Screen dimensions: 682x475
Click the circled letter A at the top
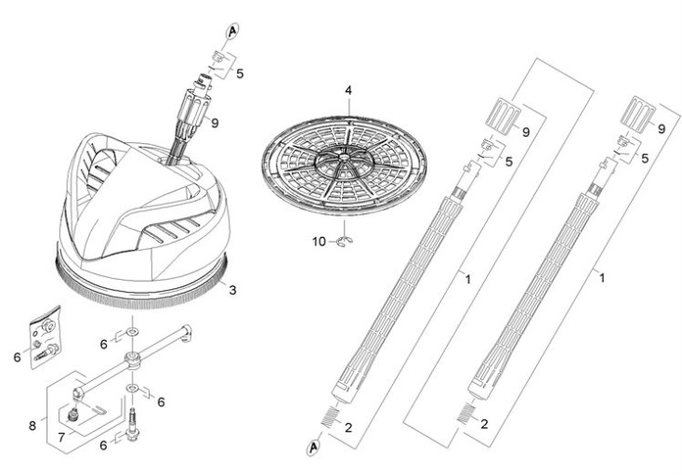pyautogui.click(x=232, y=31)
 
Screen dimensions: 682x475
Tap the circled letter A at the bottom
pyautogui.click(x=313, y=447)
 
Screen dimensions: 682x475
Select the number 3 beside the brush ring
pyautogui.click(x=232, y=290)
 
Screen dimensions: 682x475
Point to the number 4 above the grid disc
pyautogui.click(x=348, y=91)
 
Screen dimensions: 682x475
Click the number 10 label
pyautogui.click(x=319, y=242)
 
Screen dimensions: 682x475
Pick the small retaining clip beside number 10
pyautogui.click(x=346, y=242)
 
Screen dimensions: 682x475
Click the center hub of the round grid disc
pyautogui.click(x=344, y=156)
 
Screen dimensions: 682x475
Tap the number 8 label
pyautogui.click(x=33, y=426)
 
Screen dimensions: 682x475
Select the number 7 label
pyautogui.click(x=61, y=438)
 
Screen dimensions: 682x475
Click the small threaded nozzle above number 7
pyautogui.click(x=72, y=415)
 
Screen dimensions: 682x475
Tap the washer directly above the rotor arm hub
pyautogui.click(x=132, y=333)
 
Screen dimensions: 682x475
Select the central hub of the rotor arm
pyautogui.click(x=132, y=360)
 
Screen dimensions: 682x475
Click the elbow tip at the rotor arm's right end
pyautogui.click(x=186, y=332)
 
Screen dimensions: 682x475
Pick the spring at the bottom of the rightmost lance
pyautogui.click(x=465, y=413)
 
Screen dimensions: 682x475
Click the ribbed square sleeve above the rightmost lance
pyautogui.click(x=638, y=112)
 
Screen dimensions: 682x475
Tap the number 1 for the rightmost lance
pyautogui.click(x=602, y=278)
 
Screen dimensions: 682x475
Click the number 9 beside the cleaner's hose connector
pyautogui.click(x=215, y=123)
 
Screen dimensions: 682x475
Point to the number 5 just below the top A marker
pyautogui.click(x=240, y=74)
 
